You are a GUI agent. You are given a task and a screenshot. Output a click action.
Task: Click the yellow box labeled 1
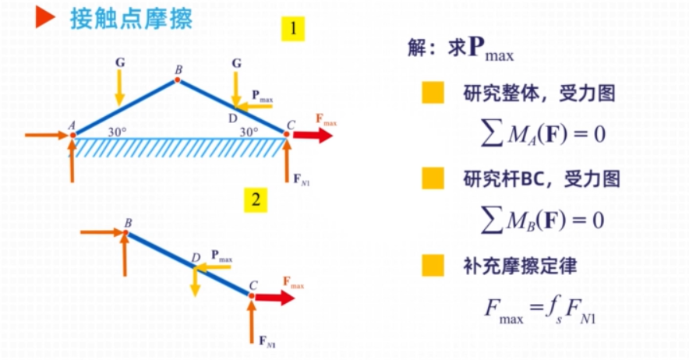[x=293, y=30]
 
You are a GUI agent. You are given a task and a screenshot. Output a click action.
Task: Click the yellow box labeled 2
[x=254, y=200]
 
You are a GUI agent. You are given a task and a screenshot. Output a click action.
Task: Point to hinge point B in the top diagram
[x=178, y=79]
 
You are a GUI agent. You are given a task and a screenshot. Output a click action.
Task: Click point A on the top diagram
[x=72, y=134]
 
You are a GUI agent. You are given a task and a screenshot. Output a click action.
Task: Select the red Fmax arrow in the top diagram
[x=312, y=135]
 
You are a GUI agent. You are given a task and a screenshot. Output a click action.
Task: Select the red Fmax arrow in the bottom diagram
[x=277, y=296]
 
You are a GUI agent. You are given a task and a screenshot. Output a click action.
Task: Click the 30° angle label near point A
[x=118, y=132]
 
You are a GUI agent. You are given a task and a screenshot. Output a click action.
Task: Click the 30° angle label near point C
[x=249, y=132]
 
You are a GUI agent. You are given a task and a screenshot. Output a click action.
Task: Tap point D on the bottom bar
[x=195, y=266]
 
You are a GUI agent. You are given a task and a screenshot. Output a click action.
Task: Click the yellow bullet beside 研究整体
[x=433, y=94]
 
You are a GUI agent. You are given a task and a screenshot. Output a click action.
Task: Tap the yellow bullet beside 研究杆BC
[x=433, y=179]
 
